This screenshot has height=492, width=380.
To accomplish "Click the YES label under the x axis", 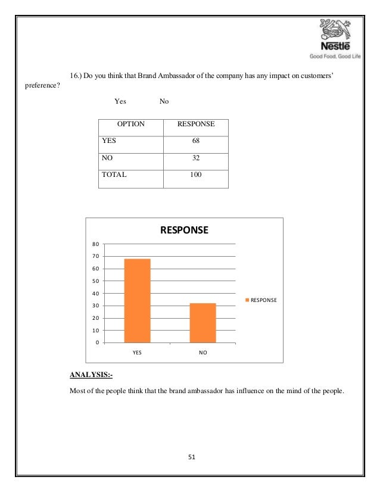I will [x=137, y=353].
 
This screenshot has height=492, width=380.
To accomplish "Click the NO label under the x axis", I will [x=203, y=353].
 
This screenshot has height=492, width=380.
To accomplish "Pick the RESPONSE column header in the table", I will [x=196, y=126].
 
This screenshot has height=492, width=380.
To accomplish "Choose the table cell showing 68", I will [x=196, y=142].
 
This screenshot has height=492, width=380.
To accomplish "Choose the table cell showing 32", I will [x=196, y=159].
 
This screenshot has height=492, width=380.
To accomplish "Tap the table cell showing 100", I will [x=196, y=176].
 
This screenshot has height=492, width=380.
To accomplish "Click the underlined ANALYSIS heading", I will [x=91, y=375].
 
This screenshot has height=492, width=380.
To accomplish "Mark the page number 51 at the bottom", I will [x=190, y=457].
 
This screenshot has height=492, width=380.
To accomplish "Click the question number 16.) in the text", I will [x=76, y=76].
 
